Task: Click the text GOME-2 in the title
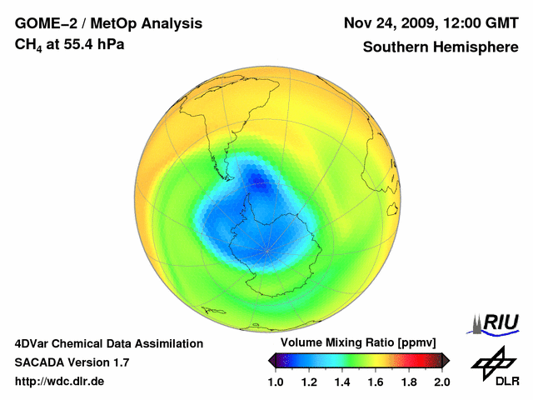(x=44, y=23)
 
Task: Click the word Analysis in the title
(x=172, y=23)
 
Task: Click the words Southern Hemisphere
(x=441, y=47)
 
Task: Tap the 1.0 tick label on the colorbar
(x=276, y=382)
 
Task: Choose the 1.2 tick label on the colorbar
(x=309, y=382)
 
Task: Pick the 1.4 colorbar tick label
(x=342, y=382)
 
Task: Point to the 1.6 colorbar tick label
(x=376, y=382)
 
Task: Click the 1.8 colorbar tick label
(x=409, y=382)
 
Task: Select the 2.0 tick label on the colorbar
(x=441, y=382)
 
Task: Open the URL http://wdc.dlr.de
(x=60, y=382)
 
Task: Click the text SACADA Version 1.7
(x=72, y=362)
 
